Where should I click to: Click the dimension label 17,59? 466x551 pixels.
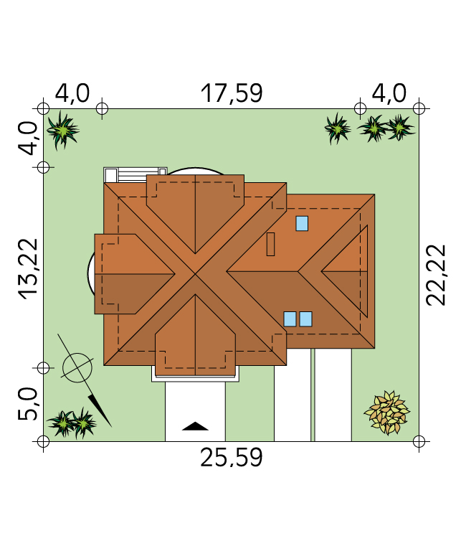[x=232, y=93]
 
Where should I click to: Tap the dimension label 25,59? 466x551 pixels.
[x=232, y=458]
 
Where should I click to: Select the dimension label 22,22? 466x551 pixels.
[x=436, y=275]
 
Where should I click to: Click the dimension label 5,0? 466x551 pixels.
[x=27, y=404]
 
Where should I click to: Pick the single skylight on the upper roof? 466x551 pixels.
[x=302, y=224]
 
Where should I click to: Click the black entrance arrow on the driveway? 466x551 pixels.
[x=195, y=426]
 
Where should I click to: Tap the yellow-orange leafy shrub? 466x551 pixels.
[x=387, y=413]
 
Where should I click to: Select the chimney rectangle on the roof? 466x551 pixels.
[x=270, y=244]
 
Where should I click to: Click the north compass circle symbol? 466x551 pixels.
[x=77, y=368]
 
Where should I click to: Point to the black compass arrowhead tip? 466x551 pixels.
[x=111, y=427]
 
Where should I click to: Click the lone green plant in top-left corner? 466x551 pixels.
[x=63, y=131]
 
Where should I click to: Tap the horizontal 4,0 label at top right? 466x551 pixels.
[x=389, y=93]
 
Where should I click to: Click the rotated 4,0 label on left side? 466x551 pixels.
[x=27, y=138]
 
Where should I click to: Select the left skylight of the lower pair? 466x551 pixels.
[x=290, y=319]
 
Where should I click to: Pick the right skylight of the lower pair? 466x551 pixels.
[x=305, y=319]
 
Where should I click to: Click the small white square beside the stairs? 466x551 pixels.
[x=111, y=175]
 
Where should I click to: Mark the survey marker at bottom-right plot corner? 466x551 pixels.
[x=419, y=441]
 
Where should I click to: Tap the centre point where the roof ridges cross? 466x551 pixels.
[x=195, y=274]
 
